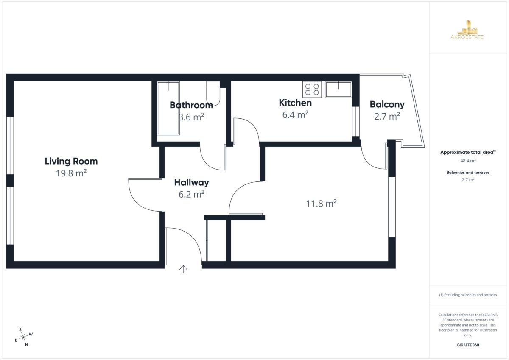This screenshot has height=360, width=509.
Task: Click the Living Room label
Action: coord(71,161)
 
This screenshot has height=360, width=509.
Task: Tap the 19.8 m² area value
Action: coord(71,173)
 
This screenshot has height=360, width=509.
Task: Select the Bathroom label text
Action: coord(191,105)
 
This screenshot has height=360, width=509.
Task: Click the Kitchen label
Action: coord(295,103)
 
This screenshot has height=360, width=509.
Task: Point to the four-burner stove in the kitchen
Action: coord(312,89)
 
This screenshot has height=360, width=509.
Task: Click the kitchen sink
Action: coord(338,89)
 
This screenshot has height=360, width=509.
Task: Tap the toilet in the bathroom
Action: coord(213,94)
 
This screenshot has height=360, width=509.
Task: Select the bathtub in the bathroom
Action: coord(168,108)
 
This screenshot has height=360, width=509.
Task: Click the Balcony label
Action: coord(387,104)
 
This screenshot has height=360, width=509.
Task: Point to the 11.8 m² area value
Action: coord(321,203)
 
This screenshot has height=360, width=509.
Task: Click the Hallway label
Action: coord(191,182)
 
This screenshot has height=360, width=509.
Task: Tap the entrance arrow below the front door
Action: coord(183,269)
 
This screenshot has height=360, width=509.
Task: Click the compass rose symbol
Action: coord(23,337)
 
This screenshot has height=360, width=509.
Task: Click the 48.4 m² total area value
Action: coord(468,161)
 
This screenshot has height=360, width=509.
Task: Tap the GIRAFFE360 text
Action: coord(468,345)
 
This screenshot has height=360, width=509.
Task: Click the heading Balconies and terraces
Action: coord(468,173)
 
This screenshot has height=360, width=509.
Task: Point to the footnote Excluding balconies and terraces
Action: coord(468,295)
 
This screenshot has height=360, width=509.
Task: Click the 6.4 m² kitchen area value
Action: coord(295,115)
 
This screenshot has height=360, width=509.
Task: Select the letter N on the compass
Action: coord(26,345)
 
